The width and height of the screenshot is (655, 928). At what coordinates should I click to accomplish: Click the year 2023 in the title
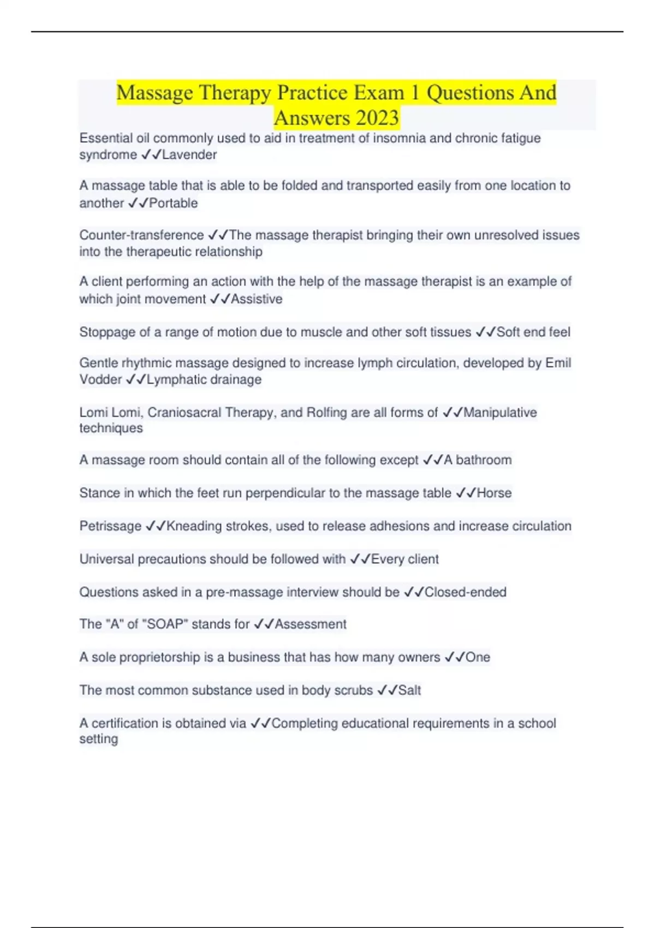pyautogui.click(x=377, y=118)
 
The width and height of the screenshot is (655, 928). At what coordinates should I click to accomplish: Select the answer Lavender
pyautogui.click(x=189, y=155)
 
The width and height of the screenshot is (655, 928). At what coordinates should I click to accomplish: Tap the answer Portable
pyautogui.click(x=174, y=203)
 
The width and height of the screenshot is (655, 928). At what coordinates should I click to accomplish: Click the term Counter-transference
pyautogui.click(x=141, y=235)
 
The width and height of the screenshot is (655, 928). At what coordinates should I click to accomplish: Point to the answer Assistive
pyautogui.click(x=257, y=299)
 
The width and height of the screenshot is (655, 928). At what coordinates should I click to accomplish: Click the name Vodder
pyautogui.click(x=100, y=379)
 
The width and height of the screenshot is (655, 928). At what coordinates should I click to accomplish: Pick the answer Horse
pyautogui.click(x=495, y=493)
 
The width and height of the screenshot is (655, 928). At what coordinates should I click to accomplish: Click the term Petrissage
pyautogui.click(x=110, y=526)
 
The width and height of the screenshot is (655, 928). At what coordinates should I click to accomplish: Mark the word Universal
pyautogui.click(x=106, y=559)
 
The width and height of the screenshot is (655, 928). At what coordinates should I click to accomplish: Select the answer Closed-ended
pyautogui.click(x=466, y=592)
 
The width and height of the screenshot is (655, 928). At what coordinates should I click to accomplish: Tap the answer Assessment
pyautogui.click(x=311, y=624)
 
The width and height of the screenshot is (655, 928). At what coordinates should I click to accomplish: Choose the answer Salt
pyautogui.click(x=409, y=691)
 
